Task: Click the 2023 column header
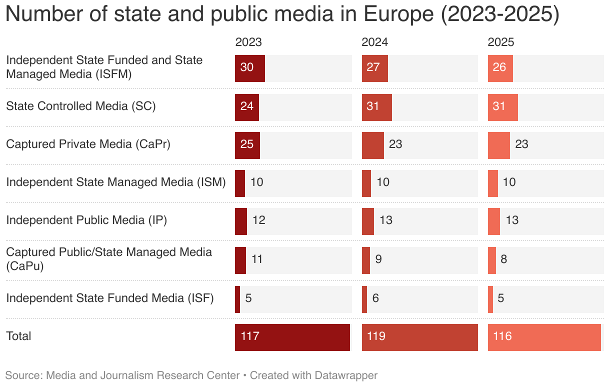click(248, 42)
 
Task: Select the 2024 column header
click(374, 42)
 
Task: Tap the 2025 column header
click(500, 42)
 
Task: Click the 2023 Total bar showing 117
click(292, 337)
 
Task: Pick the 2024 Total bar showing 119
click(419, 337)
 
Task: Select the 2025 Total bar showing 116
click(544, 337)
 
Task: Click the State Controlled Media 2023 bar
click(247, 106)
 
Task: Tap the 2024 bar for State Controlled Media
click(376, 106)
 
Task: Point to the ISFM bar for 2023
click(249, 68)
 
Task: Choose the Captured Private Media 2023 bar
click(247, 145)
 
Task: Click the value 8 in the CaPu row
click(504, 259)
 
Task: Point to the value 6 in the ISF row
click(376, 298)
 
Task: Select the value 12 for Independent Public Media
click(259, 220)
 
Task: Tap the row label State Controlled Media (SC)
click(81, 106)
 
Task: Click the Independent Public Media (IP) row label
click(86, 220)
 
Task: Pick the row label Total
click(18, 336)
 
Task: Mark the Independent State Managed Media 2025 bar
click(493, 183)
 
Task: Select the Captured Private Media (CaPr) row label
click(88, 144)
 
